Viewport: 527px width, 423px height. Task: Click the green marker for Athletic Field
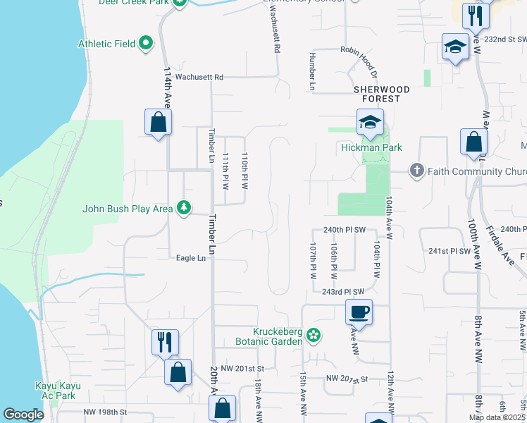[x=147, y=44]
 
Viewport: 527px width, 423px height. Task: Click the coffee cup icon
[x=359, y=312]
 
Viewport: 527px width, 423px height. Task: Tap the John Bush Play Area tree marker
[x=184, y=208]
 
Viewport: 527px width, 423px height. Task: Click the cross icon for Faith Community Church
[x=416, y=171]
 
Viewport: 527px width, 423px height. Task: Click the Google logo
[x=23, y=415]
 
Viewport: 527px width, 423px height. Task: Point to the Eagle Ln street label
[x=191, y=259]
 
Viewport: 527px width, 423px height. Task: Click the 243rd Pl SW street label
[x=343, y=292]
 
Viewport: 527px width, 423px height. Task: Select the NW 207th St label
[x=347, y=379]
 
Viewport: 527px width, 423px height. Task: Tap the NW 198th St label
[x=105, y=412]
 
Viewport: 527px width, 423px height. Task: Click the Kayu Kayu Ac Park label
[x=58, y=390]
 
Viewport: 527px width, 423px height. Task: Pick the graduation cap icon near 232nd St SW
[x=455, y=47]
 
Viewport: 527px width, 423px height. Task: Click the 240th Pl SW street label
[x=345, y=230]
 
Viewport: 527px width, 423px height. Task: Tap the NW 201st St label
[x=241, y=369]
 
